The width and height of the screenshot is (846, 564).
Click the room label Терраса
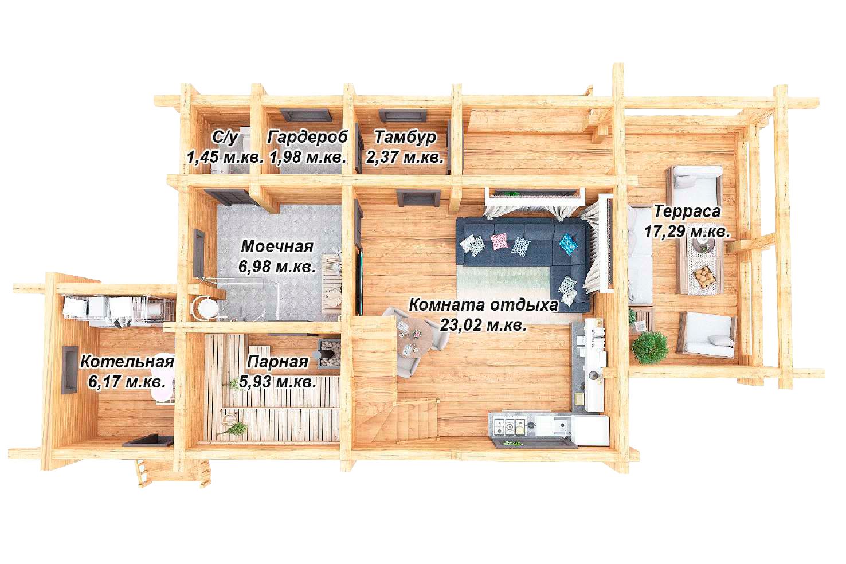point(687,211)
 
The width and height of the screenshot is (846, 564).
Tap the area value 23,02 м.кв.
point(483,324)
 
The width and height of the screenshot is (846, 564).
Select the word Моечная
point(277,246)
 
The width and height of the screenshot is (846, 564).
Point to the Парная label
point(277,362)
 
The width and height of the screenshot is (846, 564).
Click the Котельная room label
point(127,362)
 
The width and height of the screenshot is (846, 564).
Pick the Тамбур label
point(405,138)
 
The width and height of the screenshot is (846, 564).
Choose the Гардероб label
point(307,137)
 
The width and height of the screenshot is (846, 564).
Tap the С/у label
point(225,138)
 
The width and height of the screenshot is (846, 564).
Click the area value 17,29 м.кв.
point(687,231)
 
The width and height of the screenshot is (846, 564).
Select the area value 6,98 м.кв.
point(277,267)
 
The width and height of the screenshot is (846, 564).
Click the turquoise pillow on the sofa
point(569,244)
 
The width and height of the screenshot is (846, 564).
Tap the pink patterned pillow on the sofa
point(499,241)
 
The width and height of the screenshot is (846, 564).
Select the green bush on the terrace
point(649,348)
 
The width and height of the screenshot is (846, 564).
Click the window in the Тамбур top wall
point(402,116)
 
